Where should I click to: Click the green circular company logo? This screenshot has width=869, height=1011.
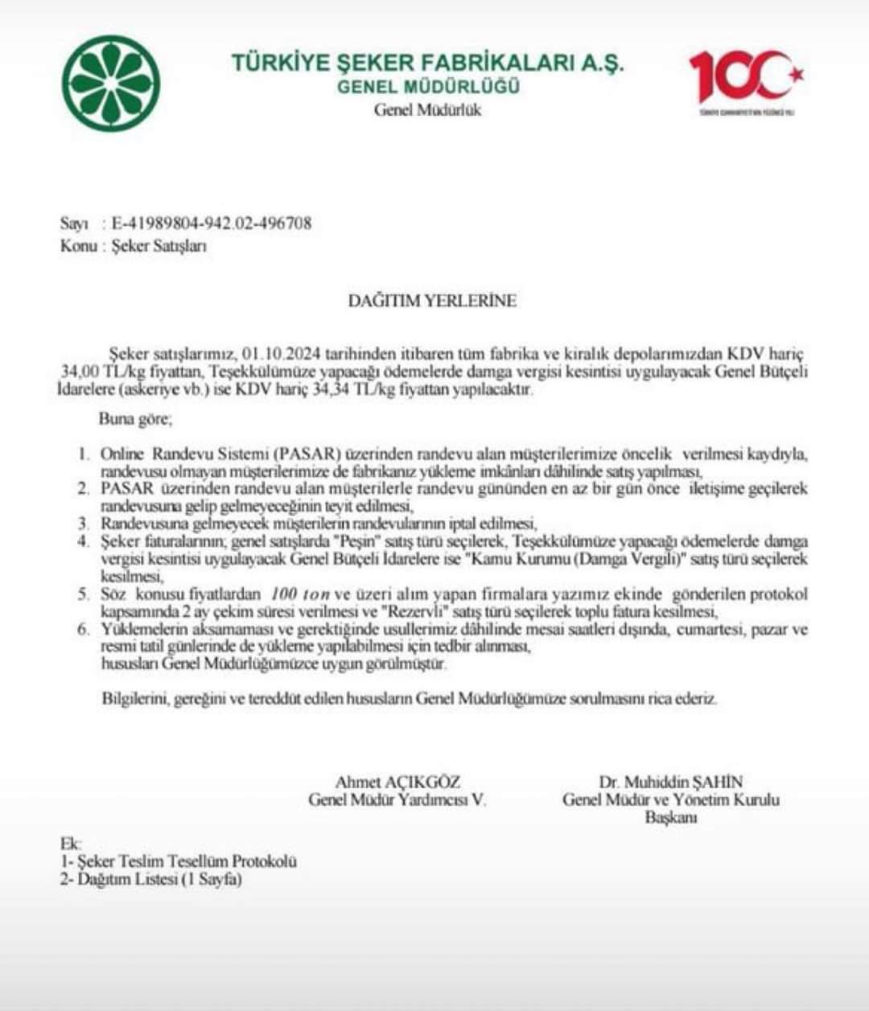coord(111,83)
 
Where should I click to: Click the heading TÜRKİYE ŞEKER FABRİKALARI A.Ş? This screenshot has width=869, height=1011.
coord(427,63)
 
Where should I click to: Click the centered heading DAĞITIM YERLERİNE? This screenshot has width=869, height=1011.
coord(432,301)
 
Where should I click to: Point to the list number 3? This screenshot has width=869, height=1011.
coord(83,523)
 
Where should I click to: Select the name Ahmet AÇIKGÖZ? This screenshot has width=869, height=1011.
coord(397,782)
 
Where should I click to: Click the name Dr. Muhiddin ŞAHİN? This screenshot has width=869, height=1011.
coord(670,782)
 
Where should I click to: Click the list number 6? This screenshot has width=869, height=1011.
coord(83,629)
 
